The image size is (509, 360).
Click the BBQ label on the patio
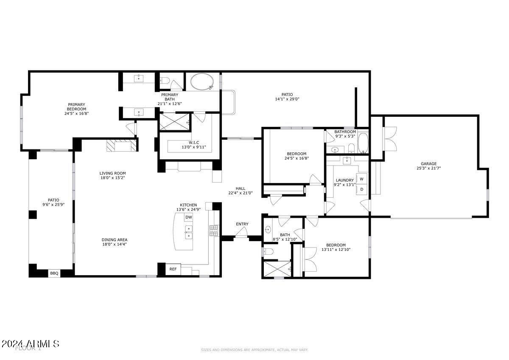pos(54,273)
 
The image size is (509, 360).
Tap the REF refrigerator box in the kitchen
pos(173,269)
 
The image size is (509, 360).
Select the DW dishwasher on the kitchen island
pos(189,217)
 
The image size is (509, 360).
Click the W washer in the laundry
pos(362,179)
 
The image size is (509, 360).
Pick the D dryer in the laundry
pos(362,189)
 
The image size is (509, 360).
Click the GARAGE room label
pos(428,164)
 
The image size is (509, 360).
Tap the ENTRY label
pos(242,224)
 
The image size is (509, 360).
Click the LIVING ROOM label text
pos(112,173)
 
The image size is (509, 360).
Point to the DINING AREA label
pos(114,240)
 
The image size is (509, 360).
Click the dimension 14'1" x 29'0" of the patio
pos(287,99)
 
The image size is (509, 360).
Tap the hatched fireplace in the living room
pos(121,146)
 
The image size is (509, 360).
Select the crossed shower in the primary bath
pos(174,122)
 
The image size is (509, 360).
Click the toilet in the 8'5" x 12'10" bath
pos(268,252)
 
